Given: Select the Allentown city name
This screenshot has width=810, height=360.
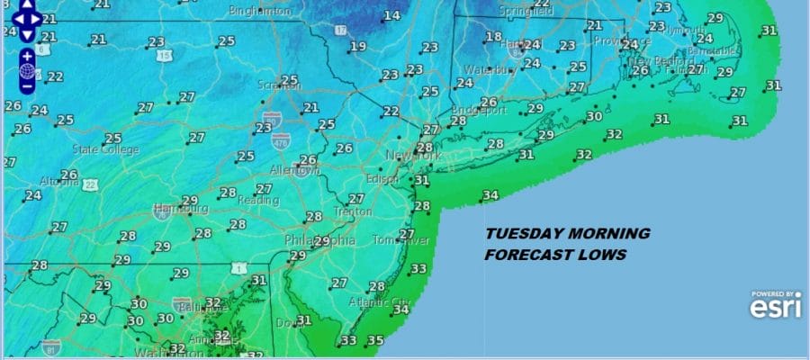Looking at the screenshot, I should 295,170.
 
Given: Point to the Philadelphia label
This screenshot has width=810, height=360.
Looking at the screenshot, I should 319,241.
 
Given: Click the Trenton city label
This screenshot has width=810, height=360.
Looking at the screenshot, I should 353,211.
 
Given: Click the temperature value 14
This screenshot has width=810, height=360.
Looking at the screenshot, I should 392,15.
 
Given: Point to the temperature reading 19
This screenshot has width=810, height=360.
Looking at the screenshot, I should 359,47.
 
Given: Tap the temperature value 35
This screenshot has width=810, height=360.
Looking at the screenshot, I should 376,340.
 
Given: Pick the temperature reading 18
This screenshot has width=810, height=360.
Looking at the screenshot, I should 493,37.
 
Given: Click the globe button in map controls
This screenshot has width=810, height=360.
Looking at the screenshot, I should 28,71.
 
